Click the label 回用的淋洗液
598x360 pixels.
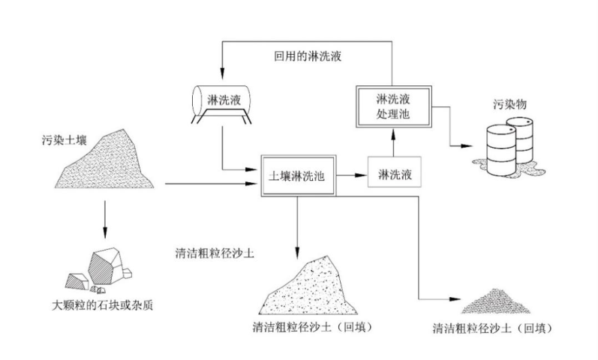pos(308,56)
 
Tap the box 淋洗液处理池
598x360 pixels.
pos(394,106)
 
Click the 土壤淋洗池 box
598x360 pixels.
pos(298,175)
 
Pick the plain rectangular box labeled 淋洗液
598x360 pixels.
pos(395,172)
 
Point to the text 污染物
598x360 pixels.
pos(509,104)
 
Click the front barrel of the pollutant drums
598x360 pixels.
pos(501,151)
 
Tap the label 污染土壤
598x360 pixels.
pos(65,140)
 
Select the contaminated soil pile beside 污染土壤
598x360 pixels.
pos(104,161)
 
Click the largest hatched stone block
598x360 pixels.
pos(105,266)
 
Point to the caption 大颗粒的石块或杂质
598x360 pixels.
pos(102,305)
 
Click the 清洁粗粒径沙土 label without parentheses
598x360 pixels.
pos(215,253)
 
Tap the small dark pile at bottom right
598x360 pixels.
pos(495,301)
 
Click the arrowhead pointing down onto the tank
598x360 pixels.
pos(221,73)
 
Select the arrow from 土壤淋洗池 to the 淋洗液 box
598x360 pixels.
pos(352,175)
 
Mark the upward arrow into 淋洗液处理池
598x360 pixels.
pos(394,142)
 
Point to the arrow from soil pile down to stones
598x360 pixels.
pos(105,219)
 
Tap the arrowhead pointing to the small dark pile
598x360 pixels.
pos(455,299)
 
